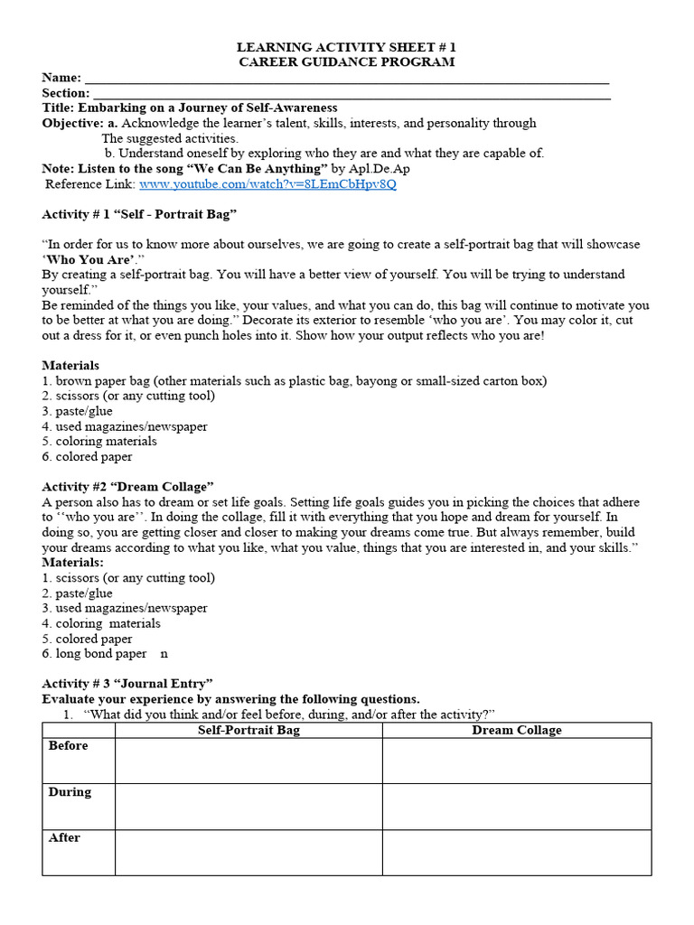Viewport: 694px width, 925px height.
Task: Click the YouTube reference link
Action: [267, 184]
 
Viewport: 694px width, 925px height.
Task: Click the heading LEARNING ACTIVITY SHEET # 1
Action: [346, 47]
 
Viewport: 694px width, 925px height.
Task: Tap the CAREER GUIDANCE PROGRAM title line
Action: [346, 62]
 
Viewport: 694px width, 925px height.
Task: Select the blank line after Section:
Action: [352, 94]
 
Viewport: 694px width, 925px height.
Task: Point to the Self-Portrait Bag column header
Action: [249, 730]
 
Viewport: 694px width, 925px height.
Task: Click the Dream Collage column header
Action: [516, 730]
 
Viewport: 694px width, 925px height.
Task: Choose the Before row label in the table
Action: [69, 746]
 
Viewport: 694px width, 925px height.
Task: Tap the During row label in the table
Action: [70, 792]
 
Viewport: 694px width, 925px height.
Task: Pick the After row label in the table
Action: [65, 838]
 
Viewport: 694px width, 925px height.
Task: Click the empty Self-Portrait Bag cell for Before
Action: [249, 761]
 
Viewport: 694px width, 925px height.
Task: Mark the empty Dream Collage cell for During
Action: [516, 807]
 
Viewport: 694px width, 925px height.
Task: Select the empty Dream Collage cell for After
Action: [516, 853]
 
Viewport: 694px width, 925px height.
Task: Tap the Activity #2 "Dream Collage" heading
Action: [127, 487]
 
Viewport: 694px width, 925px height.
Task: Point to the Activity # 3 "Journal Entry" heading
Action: [127, 684]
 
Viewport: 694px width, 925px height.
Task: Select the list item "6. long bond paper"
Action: [95, 653]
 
